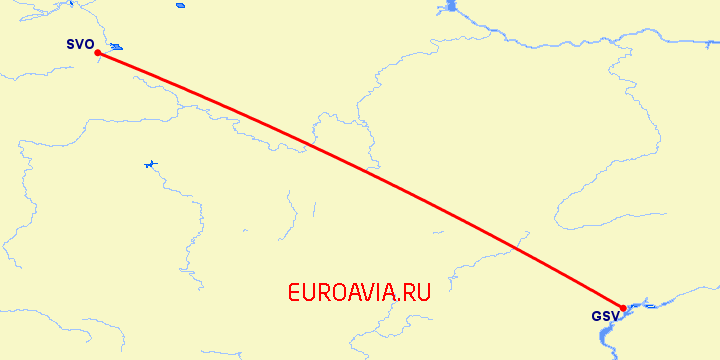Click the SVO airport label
click(x=80, y=44)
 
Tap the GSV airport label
click(x=606, y=317)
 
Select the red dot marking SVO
click(x=97, y=53)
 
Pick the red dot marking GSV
click(x=623, y=308)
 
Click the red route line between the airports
click(x=360, y=180)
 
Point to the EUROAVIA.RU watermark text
click(x=359, y=293)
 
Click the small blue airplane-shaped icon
click(x=151, y=164)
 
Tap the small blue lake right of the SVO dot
click(x=117, y=47)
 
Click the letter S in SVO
click(x=71, y=44)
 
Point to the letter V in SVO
click(x=80, y=44)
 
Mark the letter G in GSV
click(x=597, y=317)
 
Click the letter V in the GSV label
click(x=615, y=317)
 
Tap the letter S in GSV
click(x=606, y=317)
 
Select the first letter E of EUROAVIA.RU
click(x=294, y=293)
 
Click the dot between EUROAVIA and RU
click(x=401, y=301)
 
